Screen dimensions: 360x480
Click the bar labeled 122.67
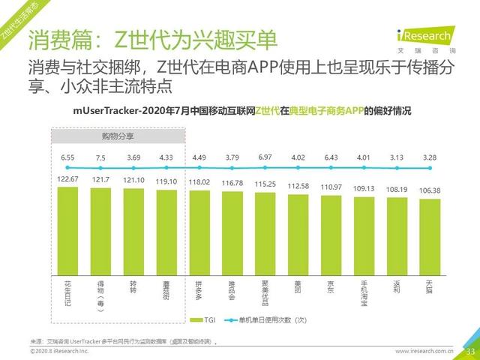coord(67,229)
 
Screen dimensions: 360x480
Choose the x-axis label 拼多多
coord(199,286)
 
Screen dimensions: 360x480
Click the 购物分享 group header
coord(118,136)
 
